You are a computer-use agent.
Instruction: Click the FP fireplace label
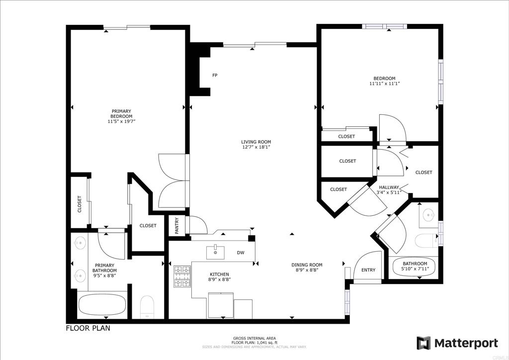coord(215,75)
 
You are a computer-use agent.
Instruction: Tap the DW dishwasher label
coord(241,253)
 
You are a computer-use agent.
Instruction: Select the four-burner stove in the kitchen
coord(182,276)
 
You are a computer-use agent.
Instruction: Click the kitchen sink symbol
coord(215,253)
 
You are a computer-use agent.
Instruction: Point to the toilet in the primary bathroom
coord(147,307)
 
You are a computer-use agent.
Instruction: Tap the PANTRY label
coord(177,226)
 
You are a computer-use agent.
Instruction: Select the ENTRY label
coord(368,270)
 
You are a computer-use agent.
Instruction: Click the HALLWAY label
coord(389,187)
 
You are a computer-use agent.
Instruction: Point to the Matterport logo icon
coord(424,343)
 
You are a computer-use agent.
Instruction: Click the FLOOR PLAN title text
coord(88,328)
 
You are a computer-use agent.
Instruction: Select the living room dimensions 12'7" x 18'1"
coord(256,147)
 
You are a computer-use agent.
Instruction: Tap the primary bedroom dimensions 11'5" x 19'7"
coord(121,121)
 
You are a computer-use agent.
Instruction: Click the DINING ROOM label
coord(307,265)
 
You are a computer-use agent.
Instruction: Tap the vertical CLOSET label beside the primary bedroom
coord(80,204)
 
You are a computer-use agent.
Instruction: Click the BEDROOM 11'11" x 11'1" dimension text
coord(384,84)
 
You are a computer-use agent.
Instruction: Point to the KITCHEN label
coord(219,274)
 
